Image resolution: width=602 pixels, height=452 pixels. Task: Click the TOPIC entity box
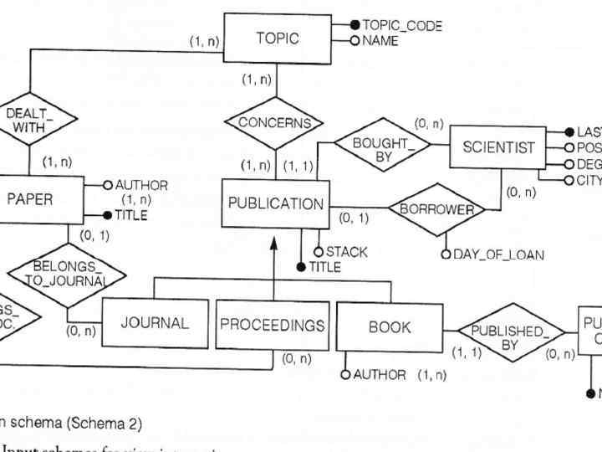click(x=277, y=38)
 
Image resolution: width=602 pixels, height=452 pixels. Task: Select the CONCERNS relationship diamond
click(x=274, y=122)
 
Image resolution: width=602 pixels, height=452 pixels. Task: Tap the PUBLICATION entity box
click(x=275, y=203)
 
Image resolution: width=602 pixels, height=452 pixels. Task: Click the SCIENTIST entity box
click(x=498, y=147)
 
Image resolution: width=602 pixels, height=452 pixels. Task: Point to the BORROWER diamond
click(x=436, y=209)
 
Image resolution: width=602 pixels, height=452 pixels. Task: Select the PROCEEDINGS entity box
click(x=272, y=324)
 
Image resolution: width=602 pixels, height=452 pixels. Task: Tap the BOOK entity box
click(x=390, y=327)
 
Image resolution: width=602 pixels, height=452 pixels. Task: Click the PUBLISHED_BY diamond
click(x=510, y=337)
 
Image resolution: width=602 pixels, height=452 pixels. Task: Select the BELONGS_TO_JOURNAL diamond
click(x=66, y=273)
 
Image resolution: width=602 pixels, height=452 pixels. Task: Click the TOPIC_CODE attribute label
click(x=402, y=26)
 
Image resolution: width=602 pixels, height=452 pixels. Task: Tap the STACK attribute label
click(x=346, y=251)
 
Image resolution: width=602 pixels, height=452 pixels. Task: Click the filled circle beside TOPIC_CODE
click(x=355, y=26)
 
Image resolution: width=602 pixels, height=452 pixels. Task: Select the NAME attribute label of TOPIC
click(x=380, y=40)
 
